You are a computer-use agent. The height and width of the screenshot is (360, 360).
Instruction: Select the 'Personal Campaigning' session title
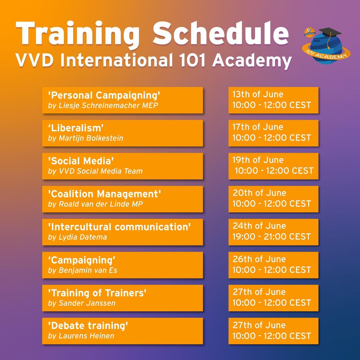(104, 95)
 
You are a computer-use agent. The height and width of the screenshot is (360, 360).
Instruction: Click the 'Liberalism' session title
(76, 128)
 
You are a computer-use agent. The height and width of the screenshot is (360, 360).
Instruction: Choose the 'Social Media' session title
(81, 161)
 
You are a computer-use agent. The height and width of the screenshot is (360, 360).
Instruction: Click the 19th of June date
(258, 160)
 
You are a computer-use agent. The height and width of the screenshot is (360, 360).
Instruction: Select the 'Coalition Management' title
(104, 194)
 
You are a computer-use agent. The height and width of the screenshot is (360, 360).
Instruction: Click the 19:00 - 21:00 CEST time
(271, 237)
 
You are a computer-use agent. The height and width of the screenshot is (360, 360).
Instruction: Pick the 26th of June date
(259, 259)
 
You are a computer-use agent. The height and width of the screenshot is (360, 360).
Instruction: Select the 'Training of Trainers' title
(97, 293)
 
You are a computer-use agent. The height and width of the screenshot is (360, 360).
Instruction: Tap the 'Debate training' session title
(88, 325)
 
